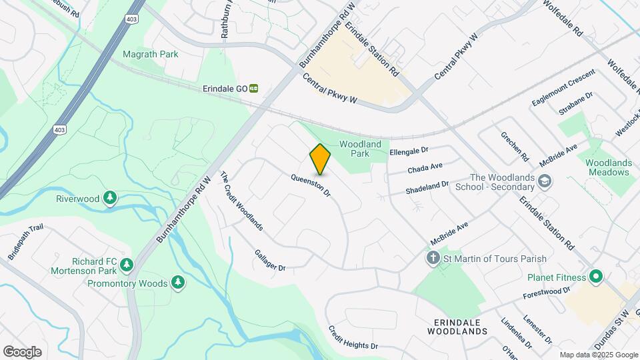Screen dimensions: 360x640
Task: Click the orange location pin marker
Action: click(320, 159)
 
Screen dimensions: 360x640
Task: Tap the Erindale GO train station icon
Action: click(254, 88)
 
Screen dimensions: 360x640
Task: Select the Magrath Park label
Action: click(150, 54)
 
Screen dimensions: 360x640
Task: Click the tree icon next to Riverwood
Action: click(111, 198)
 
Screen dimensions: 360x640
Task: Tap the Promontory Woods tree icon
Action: click(178, 283)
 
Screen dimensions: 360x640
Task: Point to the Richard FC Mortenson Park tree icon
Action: click(126, 265)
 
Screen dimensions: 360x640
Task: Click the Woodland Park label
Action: click(360, 149)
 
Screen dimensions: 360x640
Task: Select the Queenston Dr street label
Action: click(311, 185)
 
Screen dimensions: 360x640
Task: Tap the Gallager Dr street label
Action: click(270, 260)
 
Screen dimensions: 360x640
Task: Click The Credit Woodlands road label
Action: click(241, 201)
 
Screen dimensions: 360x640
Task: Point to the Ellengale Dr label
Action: click(409, 152)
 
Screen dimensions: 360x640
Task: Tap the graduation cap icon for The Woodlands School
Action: click(545, 181)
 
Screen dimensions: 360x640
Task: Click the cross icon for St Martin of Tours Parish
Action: click(433, 259)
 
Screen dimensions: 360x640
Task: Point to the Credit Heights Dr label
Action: click(353, 339)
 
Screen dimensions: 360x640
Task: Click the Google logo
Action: click(22, 351)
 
